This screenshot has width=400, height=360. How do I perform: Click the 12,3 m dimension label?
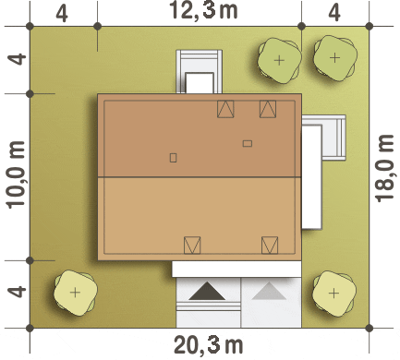click(x=203, y=10)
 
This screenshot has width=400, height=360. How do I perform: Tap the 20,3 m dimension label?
click(x=209, y=345)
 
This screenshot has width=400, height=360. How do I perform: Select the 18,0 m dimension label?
click(x=384, y=168)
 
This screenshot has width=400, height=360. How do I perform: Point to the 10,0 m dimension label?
click(x=16, y=174)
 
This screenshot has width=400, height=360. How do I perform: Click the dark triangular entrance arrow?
click(x=207, y=291)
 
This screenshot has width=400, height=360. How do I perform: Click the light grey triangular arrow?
click(x=269, y=291)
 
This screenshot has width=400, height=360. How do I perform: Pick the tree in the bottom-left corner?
click(x=75, y=293)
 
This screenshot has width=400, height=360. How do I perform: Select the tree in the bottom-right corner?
click(x=334, y=294)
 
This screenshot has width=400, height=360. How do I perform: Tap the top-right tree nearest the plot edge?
click(x=335, y=57)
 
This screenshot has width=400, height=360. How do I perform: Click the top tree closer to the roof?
click(x=279, y=60)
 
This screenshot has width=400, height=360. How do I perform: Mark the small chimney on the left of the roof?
click(x=173, y=158)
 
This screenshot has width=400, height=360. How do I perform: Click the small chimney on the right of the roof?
click(x=248, y=143)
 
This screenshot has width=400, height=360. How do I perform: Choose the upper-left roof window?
click(x=225, y=109)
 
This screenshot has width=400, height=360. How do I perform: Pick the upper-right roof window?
click(x=268, y=109)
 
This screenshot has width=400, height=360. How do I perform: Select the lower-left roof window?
click(x=192, y=246)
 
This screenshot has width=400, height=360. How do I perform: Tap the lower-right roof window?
click(x=270, y=246)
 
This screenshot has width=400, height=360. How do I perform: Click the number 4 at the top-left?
click(x=62, y=14)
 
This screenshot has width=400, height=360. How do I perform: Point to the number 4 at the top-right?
click(x=334, y=13)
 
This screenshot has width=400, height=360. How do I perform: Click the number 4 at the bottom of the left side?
click(x=17, y=292)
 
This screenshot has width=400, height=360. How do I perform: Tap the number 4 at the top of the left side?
click(x=17, y=59)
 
